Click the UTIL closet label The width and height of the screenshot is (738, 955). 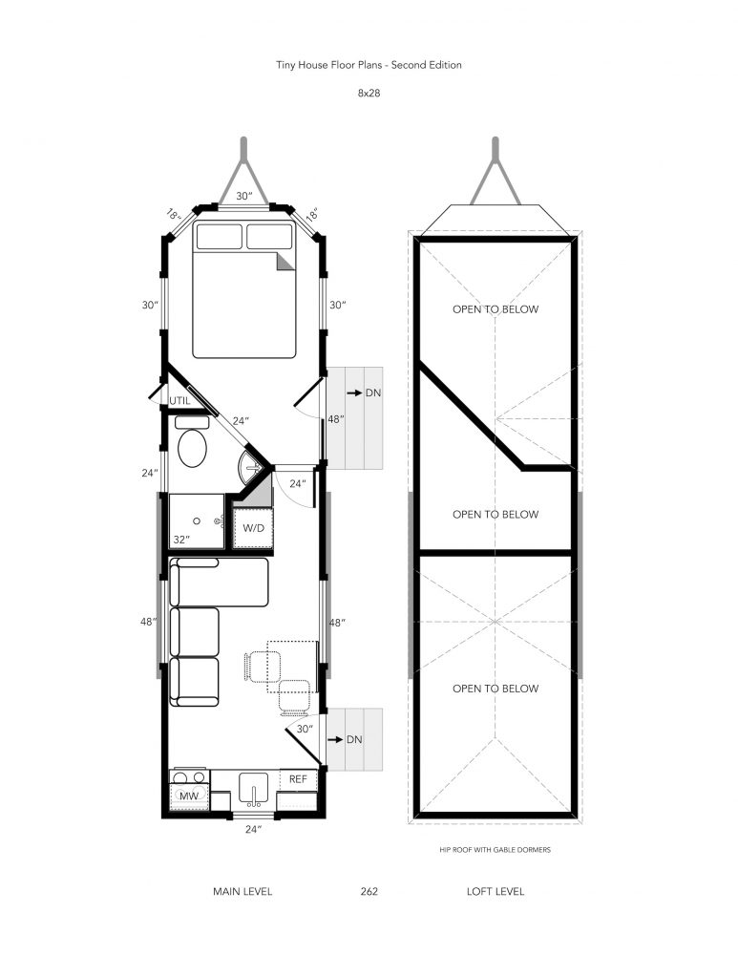click(179, 401)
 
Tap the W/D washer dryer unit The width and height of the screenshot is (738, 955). click(253, 527)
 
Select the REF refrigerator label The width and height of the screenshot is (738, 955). click(298, 779)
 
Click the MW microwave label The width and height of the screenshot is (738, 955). click(189, 796)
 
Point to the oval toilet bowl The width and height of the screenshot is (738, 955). click(192, 448)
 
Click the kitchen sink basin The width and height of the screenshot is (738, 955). click(253, 788)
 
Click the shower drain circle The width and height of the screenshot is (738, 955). click(197, 521)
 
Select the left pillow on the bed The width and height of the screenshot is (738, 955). click(220, 236)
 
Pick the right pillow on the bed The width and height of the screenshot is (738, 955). click(269, 236)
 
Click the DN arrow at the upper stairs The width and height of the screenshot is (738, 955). click(354, 393)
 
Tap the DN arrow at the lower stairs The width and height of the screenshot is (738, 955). click(335, 739)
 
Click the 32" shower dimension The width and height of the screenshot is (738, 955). click(180, 540)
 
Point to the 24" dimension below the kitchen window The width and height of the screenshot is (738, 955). click(253, 829)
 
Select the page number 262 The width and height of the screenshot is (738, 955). click(369, 891)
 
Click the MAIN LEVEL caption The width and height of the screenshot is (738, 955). click(242, 891)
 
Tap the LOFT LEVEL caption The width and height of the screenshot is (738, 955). click(496, 891)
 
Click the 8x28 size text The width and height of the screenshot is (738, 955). click(369, 94)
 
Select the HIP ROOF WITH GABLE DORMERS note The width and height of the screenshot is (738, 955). click(496, 850)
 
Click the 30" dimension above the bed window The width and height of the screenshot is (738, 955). click(243, 196)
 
